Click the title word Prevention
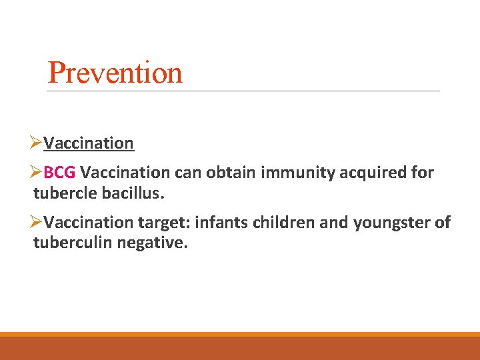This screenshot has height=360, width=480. (115, 73)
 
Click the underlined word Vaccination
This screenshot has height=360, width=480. (89, 143)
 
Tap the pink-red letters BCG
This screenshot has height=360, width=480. (59, 173)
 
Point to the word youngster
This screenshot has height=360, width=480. (393, 223)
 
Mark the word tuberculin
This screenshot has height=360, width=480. (73, 243)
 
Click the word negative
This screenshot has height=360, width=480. (153, 243)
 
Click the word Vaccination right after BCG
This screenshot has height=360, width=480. (125, 173)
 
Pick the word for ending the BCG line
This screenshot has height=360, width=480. (423, 173)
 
